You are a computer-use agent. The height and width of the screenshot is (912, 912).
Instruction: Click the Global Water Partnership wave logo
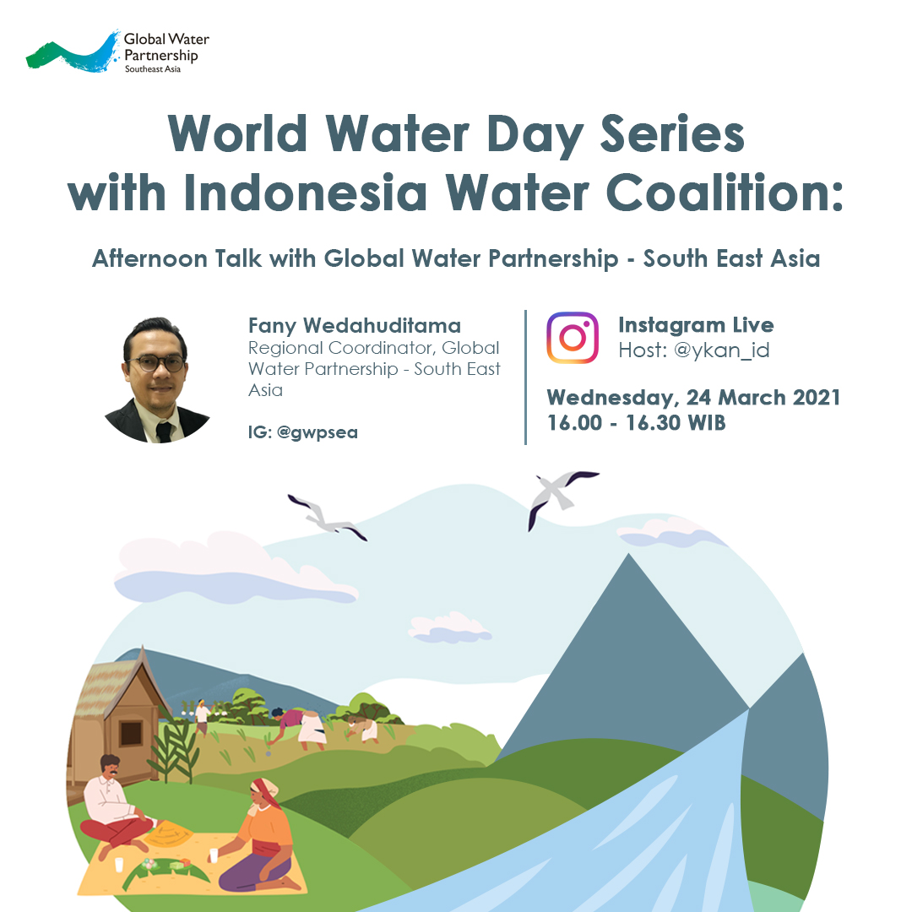(x=73, y=52)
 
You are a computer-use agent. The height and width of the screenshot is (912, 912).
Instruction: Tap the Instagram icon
(x=573, y=338)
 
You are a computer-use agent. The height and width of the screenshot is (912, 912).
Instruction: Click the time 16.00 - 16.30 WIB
(x=636, y=423)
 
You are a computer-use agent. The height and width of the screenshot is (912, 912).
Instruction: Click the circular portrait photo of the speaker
(x=158, y=380)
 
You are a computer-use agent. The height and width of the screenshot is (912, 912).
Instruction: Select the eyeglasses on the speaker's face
(x=157, y=362)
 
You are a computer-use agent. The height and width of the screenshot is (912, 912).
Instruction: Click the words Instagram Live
(x=696, y=325)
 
